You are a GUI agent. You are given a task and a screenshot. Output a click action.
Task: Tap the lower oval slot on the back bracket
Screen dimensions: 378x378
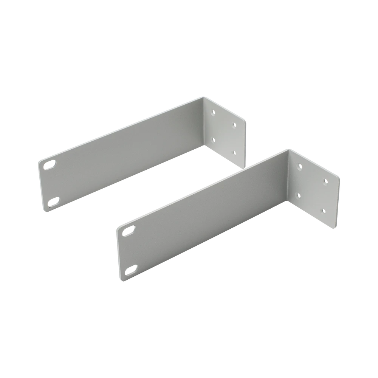click(x=53, y=202)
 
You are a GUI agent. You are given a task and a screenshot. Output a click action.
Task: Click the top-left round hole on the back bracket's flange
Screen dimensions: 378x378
click(x=214, y=112)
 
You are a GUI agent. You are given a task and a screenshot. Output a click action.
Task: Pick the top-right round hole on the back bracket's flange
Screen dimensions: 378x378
click(x=235, y=124)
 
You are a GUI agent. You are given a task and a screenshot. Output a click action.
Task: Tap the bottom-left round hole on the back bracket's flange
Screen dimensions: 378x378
click(x=214, y=139)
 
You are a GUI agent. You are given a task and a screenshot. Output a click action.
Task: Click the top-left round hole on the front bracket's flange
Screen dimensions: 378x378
click(x=299, y=165)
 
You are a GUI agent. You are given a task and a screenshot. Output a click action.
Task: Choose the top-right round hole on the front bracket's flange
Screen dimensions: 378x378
click(x=325, y=181)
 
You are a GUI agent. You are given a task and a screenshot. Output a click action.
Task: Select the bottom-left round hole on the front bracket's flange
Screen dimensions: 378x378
click(x=299, y=196)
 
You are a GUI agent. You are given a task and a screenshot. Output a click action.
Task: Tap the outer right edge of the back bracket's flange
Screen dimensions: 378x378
click(x=247, y=142)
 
